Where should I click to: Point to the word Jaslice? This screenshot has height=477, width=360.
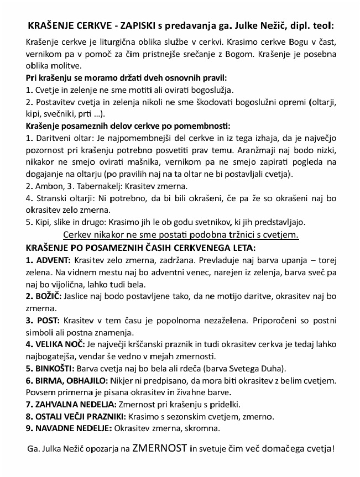(x=78, y=296)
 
